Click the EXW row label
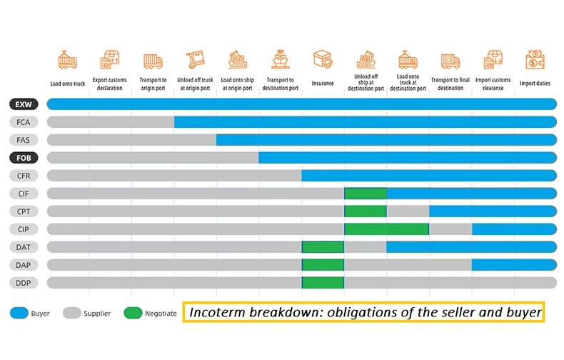pos(24,104)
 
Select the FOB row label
pos(24,158)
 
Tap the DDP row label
pos(24,283)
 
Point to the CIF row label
pos(24,194)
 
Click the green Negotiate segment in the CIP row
pos(386,229)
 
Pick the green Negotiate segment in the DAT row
pos(323,247)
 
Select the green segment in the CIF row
pos(365,194)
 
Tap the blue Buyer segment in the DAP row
pos(513,265)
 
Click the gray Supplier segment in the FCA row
pos(111,122)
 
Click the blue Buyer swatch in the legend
pos(19,313)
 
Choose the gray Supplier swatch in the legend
pos(71,313)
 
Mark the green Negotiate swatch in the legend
pos(133,313)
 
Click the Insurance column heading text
pos(323,84)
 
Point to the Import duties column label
pos(535,84)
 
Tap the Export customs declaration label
pos(111,84)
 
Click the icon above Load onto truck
pos(68,60)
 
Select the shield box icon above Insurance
pos(323,60)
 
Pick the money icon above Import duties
pos(535,60)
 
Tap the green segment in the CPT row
pos(365,211)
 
